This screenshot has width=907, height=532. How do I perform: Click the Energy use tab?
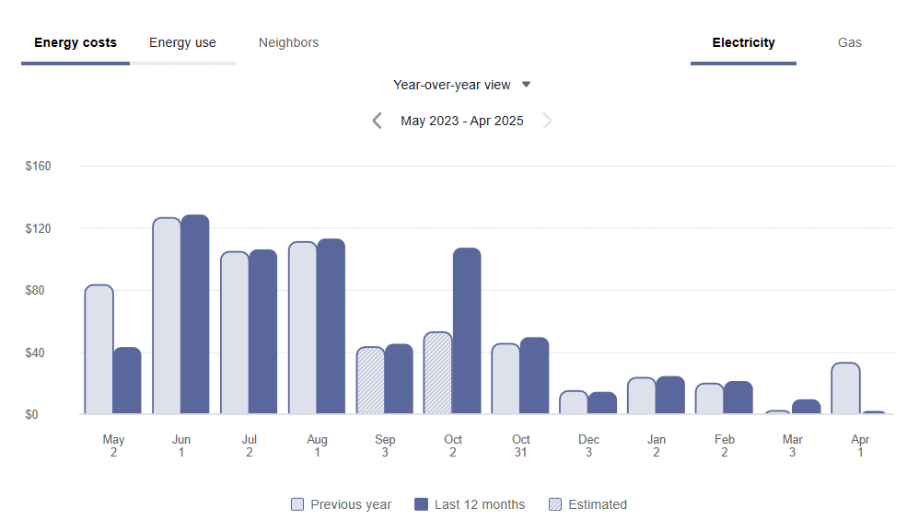182,43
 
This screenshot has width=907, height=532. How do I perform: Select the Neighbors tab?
288,43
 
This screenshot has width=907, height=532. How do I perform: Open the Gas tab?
849,43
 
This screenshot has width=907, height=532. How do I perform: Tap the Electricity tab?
743,43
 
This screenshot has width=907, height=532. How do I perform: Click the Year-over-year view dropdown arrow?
527,85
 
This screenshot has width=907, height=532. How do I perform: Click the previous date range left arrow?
377,121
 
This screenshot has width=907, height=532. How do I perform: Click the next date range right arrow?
548,121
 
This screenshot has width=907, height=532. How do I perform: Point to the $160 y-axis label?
38,167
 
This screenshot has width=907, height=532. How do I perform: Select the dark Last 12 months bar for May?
127,381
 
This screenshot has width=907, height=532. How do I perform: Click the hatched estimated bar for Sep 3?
370,381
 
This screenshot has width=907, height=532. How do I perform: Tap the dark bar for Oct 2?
467,331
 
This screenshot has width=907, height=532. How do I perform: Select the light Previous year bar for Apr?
845,388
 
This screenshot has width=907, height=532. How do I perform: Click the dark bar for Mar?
806,407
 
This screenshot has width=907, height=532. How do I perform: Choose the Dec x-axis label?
588,445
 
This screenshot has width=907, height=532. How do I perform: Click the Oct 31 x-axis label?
521,445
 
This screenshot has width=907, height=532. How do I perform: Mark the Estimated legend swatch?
555,504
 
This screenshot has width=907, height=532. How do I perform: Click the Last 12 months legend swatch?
422,504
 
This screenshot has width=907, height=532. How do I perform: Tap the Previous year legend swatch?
297,504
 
